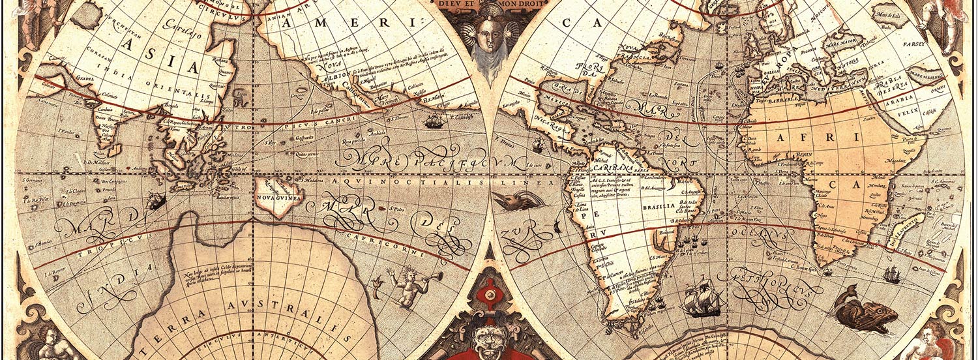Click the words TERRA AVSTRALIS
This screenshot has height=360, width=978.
pyautogui.click(x=250, y=314)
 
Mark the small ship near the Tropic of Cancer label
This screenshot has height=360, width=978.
pyautogui.click(x=434, y=121)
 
